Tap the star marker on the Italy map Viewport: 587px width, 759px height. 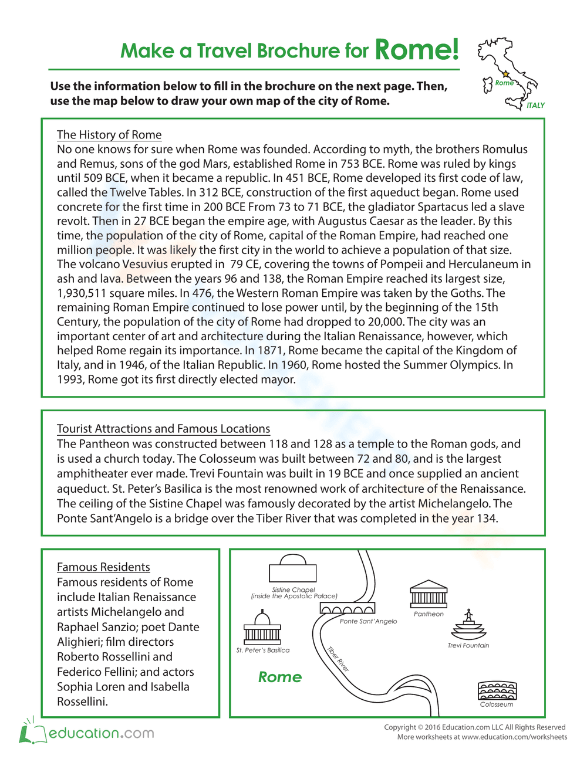tap(506, 74)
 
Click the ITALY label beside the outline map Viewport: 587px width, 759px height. tap(535, 106)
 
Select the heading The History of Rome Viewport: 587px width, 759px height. tap(109, 134)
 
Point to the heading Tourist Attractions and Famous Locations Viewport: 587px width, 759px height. tap(163, 429)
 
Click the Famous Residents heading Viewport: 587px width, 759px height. tap(103, 567)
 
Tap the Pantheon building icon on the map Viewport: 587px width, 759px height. tap(429, 595)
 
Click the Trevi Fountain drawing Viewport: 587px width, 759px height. tap(468, 626)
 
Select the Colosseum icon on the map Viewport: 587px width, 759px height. tap(497, 691)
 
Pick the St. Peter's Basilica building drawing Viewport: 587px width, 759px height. tap(262, 628)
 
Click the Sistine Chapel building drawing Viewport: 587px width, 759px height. tap(292, 569)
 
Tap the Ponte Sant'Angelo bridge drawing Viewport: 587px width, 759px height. tap(347, 609)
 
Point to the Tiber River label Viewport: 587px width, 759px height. tap(338, 659)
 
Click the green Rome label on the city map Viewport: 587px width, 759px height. tap(280, 677)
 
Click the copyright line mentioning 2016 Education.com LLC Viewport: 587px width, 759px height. tap(475, 727)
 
